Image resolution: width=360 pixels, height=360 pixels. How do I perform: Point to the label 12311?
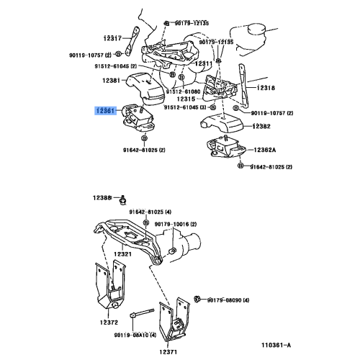(204, 63)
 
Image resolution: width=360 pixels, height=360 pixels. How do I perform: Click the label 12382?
(261, 126)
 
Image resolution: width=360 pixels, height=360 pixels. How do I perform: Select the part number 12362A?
(264, 150)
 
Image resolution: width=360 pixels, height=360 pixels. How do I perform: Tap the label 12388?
(102, 198)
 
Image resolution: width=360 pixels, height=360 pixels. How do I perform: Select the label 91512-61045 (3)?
(185, 107)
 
